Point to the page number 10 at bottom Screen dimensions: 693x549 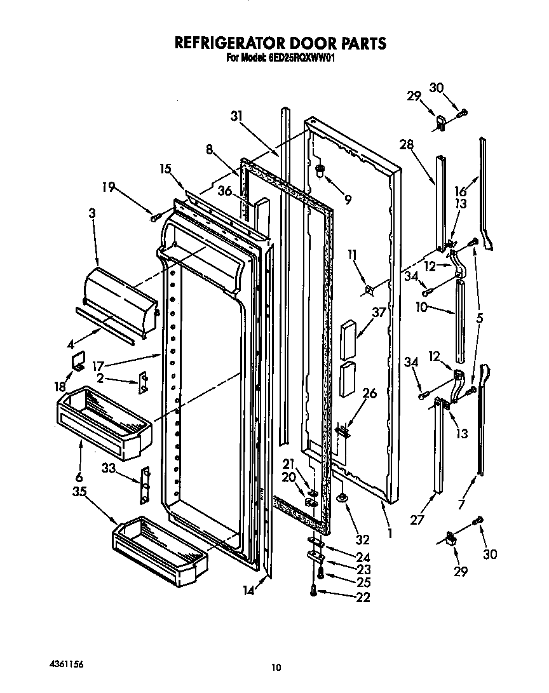point(275,667)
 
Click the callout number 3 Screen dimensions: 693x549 point(92,214)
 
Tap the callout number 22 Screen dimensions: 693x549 point(363,597)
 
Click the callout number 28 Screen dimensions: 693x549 point(407,145)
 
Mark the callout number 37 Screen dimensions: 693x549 point(380,313)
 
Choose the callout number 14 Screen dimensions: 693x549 point(248,591)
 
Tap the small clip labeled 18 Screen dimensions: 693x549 point(78,365)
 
